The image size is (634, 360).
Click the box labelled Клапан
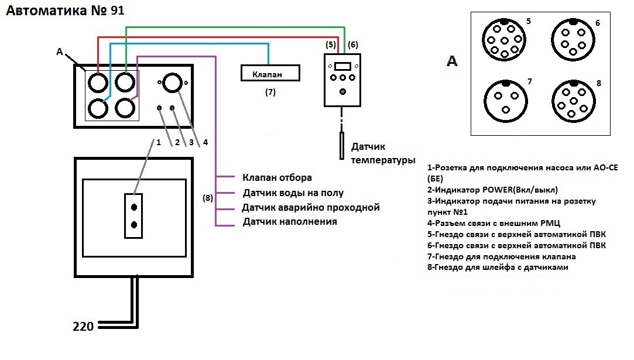coord(270,73)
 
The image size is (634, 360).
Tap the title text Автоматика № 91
coord(65,11)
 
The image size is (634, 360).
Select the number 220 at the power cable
coord(84,327)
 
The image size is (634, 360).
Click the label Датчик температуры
coord(383,153)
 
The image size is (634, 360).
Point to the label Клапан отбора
coord(276,177)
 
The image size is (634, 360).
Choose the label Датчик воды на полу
coord(293,193)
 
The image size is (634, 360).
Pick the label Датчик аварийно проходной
coord(311,207)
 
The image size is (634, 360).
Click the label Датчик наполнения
coord(289,222)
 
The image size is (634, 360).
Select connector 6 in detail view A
coord(572,37)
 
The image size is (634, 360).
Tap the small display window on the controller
coord(343,66)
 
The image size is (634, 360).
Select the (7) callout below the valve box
coord(270,92)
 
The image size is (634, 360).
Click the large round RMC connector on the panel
coord(172,84)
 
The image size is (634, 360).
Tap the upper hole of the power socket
coord(134,208)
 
